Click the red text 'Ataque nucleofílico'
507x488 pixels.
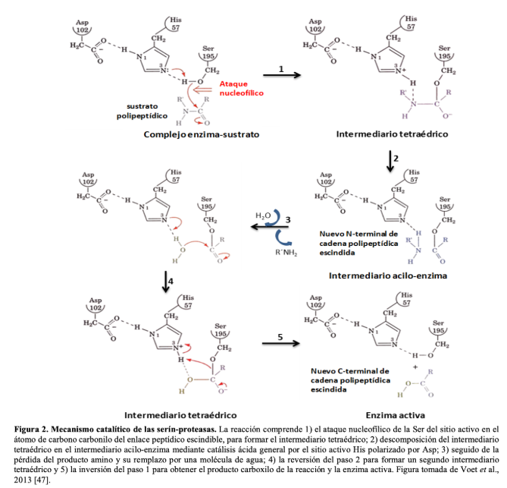pos(239,88)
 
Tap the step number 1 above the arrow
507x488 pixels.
pos(281,68)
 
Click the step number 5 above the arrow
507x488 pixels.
pos(280,338)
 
